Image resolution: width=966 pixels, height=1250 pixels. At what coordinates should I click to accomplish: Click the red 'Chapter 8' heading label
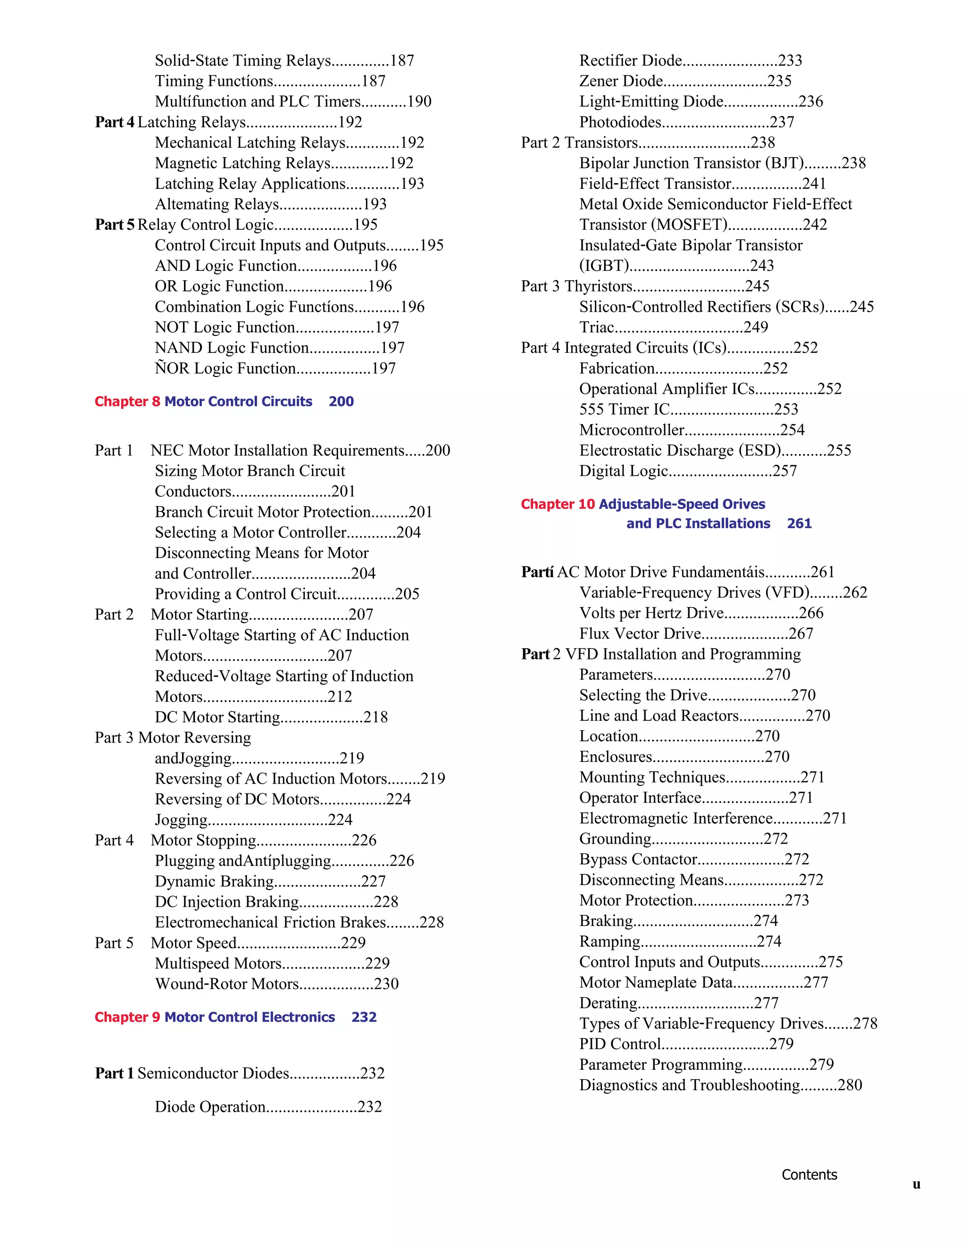[127, 402]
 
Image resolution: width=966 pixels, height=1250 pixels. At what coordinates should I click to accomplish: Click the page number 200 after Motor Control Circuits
[341, 402]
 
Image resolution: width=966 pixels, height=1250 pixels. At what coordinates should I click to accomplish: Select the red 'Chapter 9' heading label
[127, 1017]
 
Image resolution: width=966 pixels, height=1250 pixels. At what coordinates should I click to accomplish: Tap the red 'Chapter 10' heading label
[558, 504]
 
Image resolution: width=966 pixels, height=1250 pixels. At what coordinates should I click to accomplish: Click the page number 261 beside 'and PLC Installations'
[799, 524]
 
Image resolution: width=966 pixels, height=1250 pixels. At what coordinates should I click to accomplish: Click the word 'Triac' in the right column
[596, 327]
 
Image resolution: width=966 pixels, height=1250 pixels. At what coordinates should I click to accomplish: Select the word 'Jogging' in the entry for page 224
[181, 820]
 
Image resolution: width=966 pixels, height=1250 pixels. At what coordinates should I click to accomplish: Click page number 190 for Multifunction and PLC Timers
[419, 102]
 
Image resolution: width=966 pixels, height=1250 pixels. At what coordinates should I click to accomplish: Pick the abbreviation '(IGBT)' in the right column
[604, 266]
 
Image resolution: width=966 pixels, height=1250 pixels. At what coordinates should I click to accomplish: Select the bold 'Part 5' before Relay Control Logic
[115, 225]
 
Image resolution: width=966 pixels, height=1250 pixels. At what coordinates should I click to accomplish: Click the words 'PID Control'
[620, 1044]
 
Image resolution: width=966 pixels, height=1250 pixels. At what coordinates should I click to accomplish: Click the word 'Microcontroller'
[632, 430]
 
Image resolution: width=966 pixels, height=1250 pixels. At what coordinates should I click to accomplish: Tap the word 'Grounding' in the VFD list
[615, 839]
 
